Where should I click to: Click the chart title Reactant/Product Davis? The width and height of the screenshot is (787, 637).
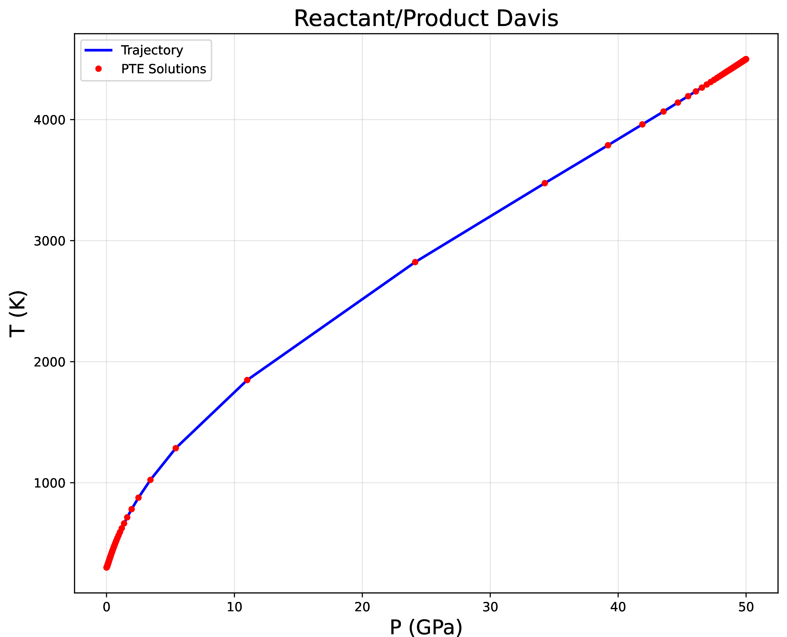426,18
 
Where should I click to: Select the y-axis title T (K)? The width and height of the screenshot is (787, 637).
18,314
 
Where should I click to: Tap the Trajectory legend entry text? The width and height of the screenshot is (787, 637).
152,50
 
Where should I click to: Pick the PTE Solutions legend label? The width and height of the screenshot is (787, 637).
164,69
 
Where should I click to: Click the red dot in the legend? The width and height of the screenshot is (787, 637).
98,69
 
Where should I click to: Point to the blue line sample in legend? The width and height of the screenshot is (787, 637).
98,50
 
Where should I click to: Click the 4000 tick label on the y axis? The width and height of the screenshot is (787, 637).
50,120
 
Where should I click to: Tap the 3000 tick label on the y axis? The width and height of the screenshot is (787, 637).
50,241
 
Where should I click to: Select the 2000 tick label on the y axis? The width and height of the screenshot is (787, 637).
50,362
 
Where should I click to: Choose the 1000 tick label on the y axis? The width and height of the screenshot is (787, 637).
50,483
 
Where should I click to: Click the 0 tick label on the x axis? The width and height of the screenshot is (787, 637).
107,607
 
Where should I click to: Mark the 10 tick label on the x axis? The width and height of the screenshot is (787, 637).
234,607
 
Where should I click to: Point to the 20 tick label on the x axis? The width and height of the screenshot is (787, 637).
362,607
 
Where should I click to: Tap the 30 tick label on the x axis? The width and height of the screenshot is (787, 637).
490,607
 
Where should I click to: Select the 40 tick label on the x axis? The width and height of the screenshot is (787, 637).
618,607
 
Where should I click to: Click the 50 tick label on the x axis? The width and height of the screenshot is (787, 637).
746,607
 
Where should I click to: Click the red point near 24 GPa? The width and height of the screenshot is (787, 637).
415,262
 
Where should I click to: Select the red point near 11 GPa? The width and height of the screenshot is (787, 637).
247,380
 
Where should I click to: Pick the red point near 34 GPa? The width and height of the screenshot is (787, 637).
544,183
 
